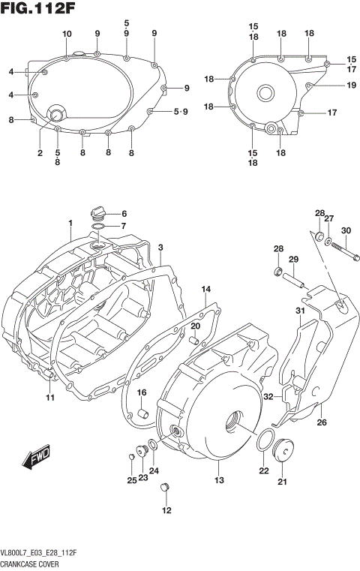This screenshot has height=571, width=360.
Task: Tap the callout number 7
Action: [x=124, y=226]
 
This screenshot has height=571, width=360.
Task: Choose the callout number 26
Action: [x=322, y=422]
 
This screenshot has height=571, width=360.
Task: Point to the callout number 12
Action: [x=166, y=511]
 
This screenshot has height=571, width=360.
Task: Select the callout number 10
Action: [x=67, y=34]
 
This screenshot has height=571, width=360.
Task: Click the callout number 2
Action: [x=40, y=153]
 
